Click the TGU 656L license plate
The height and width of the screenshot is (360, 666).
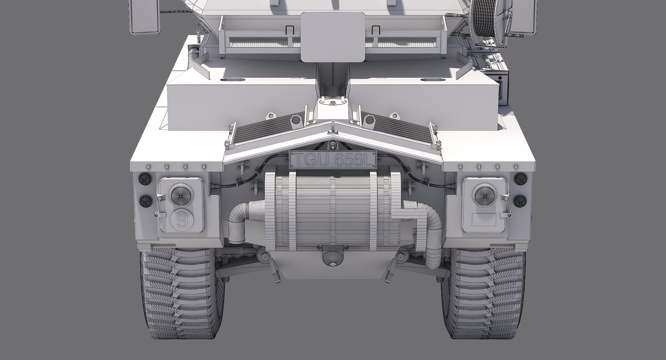333,160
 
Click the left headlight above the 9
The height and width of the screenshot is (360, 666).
181,195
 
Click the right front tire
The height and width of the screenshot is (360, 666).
486,295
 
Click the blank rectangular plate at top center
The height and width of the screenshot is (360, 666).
333,36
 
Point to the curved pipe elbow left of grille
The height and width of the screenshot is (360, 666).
238,222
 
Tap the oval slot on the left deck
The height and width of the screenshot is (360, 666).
232,80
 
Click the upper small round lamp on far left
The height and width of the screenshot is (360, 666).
145,179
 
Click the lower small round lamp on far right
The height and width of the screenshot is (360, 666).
520,201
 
